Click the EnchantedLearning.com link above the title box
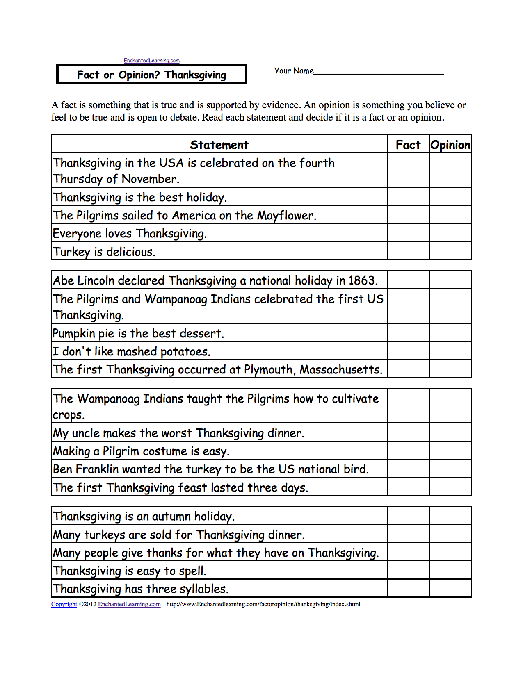[152, 61]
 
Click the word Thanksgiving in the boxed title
[195, 75]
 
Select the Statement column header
[219, 145]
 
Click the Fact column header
[408, 145]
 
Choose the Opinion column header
[450, 145]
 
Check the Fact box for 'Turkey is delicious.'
[408, 251]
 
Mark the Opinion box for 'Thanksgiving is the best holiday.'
[450, 197]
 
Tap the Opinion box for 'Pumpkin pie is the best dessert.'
[450, 332]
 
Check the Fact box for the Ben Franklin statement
[408, 469]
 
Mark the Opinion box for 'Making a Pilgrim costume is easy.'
[450, 451]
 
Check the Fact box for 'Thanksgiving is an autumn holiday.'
[408, 516]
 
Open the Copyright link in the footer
[64, 604]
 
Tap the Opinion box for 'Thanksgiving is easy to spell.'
[450, 570]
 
